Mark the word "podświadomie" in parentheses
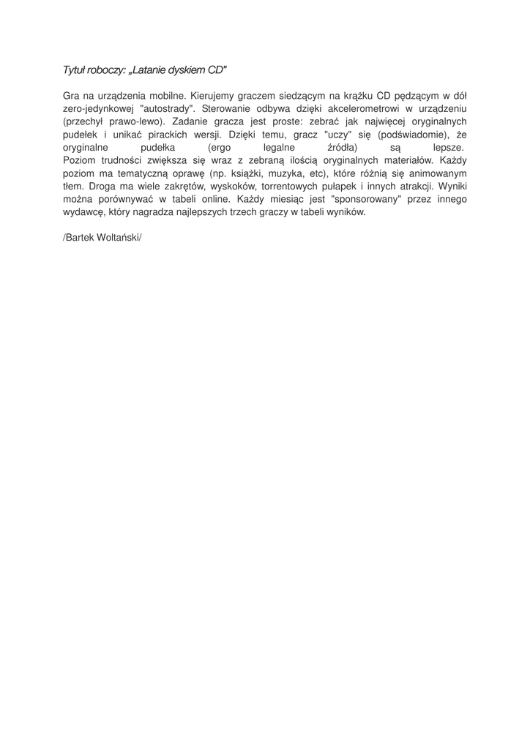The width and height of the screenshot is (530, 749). pos(410,134)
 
